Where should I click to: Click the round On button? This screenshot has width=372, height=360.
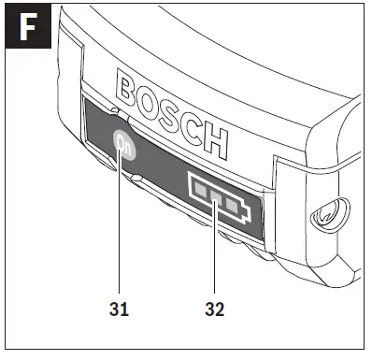[x=124, y=145]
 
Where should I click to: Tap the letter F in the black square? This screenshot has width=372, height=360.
[x=28, y=27]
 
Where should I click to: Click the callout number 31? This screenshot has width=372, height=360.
[x=119, y=310]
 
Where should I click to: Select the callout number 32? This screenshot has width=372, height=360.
[x=215, y=310]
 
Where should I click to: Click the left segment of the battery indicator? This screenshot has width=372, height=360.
[x=199, y=189]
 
